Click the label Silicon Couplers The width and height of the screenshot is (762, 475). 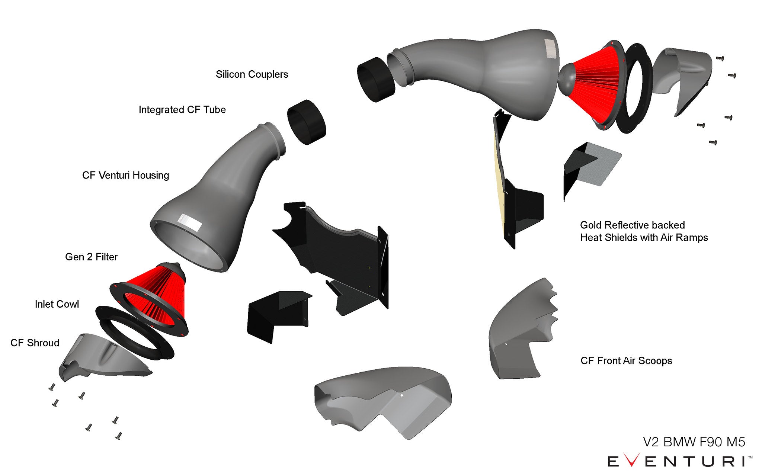pos(252,74)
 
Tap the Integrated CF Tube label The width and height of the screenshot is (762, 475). pos(182,110)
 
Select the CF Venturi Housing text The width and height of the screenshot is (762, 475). pos(125,175)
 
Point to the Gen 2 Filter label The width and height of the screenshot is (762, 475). pos(91,257)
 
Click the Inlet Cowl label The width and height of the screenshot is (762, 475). pos(57,304)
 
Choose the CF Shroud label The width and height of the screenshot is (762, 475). pos(35,343)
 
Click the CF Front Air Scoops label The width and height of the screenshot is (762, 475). pos(626,361)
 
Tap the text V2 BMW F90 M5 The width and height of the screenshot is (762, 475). pos(694,442)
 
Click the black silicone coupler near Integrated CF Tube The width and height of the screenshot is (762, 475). pos(307,122)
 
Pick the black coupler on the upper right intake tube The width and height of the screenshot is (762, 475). pos(375,80)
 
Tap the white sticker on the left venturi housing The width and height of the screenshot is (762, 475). pos(190,223)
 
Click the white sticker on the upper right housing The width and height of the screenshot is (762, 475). pos(551,49)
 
